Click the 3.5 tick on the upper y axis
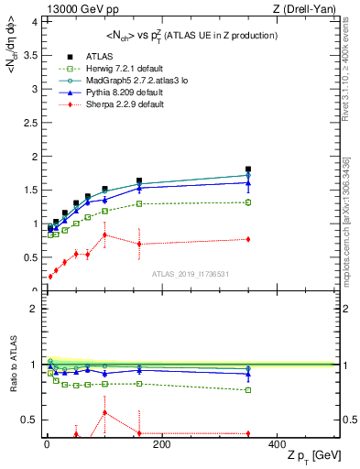click(27, 56)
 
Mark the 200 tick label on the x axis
click(160, 444)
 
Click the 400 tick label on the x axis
click(277, 444)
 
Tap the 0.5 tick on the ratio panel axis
click(27, 420)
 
